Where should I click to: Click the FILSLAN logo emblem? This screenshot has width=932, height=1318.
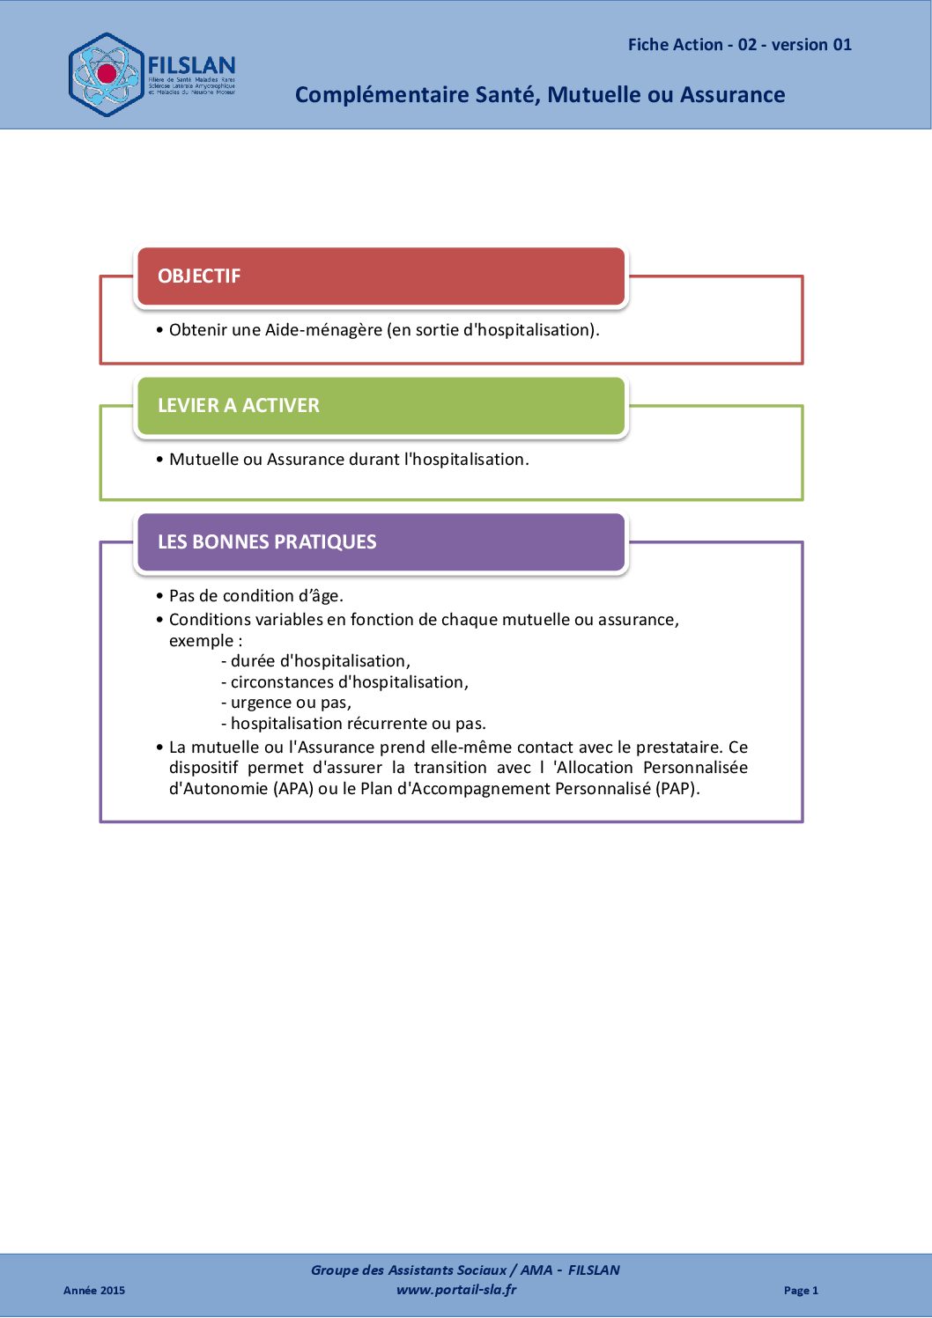point(107,75)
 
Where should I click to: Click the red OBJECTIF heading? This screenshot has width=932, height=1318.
point(199,276)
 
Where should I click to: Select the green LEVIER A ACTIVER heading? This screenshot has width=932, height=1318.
point(238,405)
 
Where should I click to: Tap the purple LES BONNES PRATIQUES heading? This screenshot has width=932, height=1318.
point(266,541)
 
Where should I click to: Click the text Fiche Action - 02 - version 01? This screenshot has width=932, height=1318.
point(739,45)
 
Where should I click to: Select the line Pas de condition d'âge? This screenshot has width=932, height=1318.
point(255,596)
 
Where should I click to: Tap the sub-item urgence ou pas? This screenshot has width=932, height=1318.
point(291,703)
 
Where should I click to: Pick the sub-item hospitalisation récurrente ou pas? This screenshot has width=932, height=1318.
point(358,724)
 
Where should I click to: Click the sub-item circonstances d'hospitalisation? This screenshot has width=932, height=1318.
point(349,682)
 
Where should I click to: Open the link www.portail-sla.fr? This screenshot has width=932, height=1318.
point(456,1290)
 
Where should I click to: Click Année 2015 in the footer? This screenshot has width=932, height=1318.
point(94,1291)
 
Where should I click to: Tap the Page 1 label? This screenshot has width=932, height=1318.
point(801,1291)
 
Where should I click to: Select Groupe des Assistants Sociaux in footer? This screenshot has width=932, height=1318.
point(408,1270)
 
